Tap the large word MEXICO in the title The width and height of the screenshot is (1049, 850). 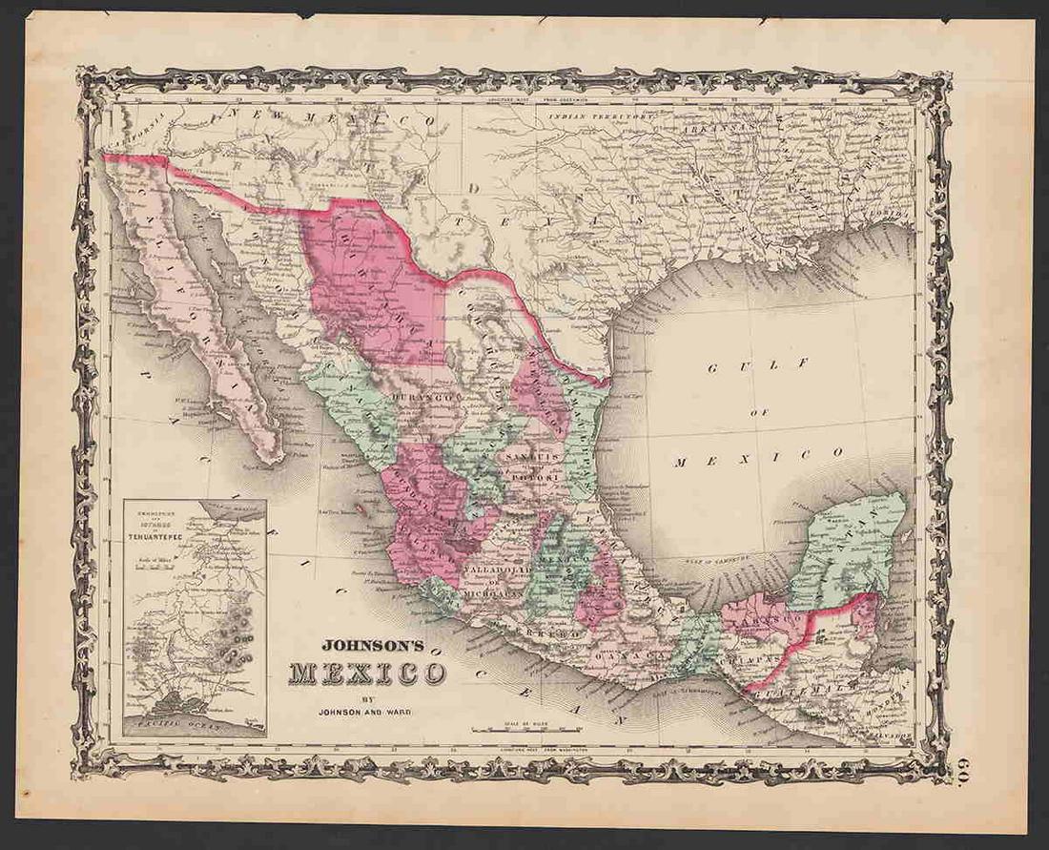click(368, 673)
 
